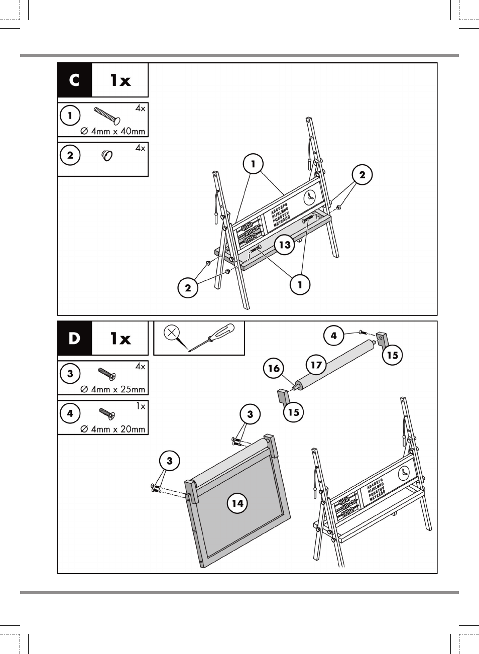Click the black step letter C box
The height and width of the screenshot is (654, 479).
74,80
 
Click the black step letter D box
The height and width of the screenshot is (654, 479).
74,338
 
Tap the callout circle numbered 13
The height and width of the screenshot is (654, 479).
285,245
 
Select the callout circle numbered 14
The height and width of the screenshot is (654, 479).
237,503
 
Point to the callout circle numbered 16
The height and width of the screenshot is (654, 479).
274,368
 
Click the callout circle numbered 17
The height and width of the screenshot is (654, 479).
316,365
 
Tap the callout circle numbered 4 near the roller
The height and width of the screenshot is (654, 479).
334,336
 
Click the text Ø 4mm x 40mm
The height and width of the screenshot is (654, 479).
113,131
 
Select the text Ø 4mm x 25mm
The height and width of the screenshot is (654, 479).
113,389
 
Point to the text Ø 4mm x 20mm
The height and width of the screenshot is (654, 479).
113,429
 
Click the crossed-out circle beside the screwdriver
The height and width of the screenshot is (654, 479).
172,333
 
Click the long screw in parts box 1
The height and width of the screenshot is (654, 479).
106,116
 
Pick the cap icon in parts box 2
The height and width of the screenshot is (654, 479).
107,155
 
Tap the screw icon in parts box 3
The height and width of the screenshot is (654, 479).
107,374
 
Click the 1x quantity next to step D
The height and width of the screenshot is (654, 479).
121,338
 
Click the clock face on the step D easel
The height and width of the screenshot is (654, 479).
404,473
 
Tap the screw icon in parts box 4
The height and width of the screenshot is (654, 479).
107,413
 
